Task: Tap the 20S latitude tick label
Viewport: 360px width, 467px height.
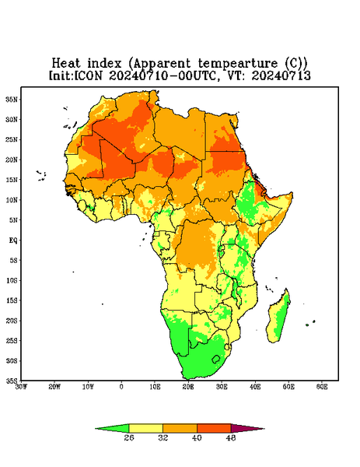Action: [12, 321]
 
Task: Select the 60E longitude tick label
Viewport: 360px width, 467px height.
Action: [322, 387]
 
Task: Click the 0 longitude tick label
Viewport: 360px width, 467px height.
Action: [121, 387]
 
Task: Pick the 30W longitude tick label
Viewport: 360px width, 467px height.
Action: [22, 387]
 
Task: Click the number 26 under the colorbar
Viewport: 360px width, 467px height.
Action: [129, 437]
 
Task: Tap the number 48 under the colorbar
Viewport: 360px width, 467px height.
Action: [231, 437]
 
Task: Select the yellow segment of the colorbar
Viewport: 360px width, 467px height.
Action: [145, 428]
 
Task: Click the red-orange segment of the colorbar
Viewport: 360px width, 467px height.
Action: [214, 428]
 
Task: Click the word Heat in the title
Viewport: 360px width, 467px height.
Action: [66, 64]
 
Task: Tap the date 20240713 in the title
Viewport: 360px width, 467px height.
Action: [281, 75]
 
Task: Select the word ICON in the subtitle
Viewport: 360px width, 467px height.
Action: [89, 75]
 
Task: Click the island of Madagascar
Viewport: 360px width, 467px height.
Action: [278, 318]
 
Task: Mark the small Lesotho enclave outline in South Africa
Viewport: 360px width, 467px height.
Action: [216, 359]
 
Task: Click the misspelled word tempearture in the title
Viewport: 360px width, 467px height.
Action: [238, 64]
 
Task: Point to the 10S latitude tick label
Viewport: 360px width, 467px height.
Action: [12, 280]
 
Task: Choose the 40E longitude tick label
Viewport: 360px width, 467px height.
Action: [255, 387]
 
